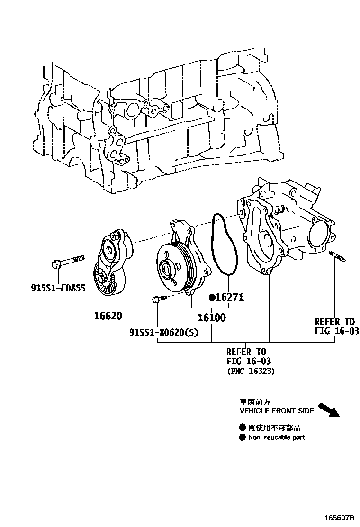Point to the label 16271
230,298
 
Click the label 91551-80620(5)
170,333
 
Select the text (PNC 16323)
250,372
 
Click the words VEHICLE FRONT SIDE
277,411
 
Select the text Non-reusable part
277,437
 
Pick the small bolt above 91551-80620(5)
159,299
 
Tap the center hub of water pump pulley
166,270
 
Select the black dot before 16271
213,298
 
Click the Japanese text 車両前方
254,402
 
